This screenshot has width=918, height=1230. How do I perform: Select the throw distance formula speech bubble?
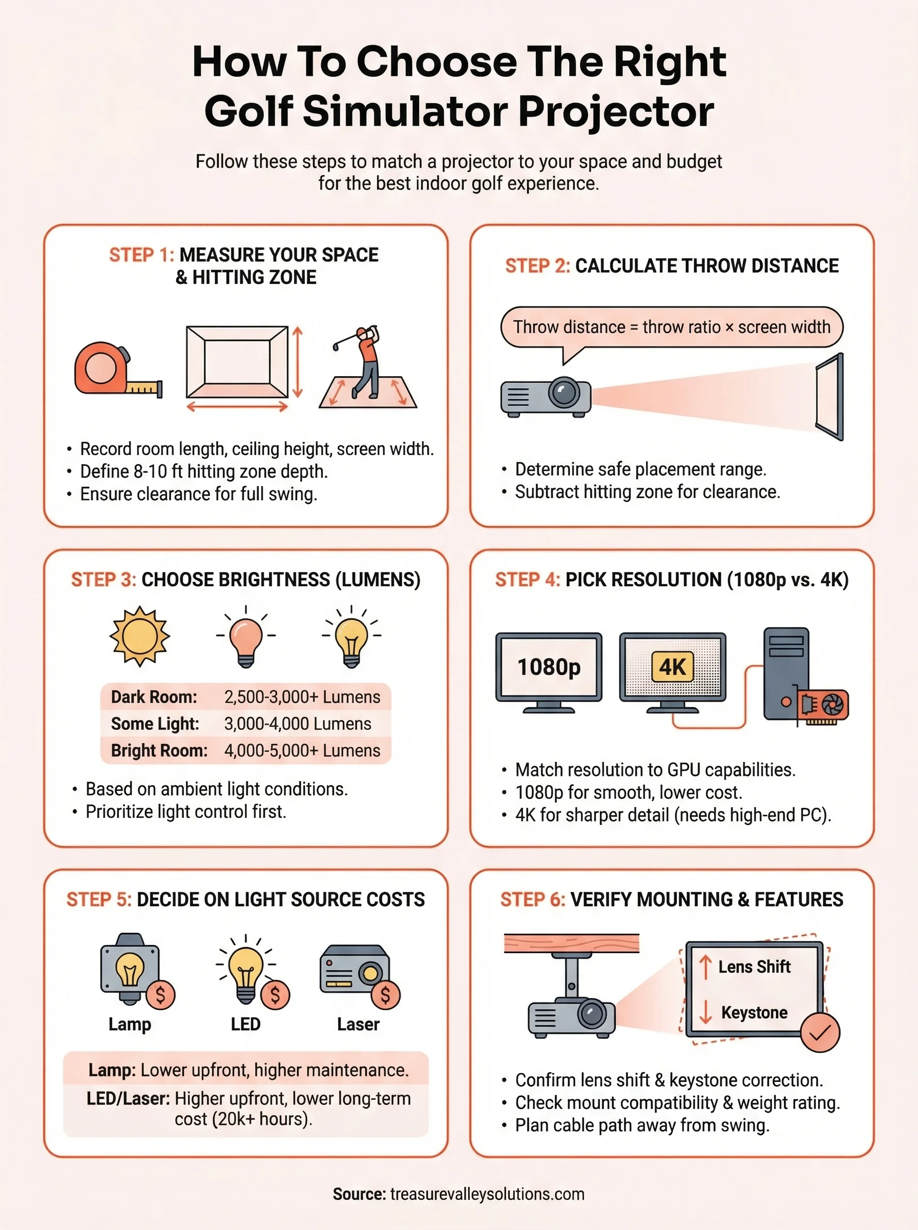tap(671, 327)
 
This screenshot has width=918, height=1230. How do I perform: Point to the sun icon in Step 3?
tap(139, 636)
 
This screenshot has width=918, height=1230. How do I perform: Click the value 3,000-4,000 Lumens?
tap(297, 724)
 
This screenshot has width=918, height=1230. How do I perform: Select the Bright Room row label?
tap(159, 750)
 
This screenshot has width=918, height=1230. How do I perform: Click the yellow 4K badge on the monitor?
tap(673, 667)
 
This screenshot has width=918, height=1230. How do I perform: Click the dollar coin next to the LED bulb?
tap(275, 995)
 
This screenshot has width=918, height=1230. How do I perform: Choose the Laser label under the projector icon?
tap(358, 1024)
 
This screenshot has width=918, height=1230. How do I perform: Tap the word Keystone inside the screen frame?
tap(754, 1013)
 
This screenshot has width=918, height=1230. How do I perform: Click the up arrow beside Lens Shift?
tap(705, 967)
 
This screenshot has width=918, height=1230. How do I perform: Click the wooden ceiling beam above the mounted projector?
tap(571, 943)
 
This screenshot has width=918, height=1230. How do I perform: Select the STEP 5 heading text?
tap(245, 899)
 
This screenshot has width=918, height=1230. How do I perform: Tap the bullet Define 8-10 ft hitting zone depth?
tap(203, 471)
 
